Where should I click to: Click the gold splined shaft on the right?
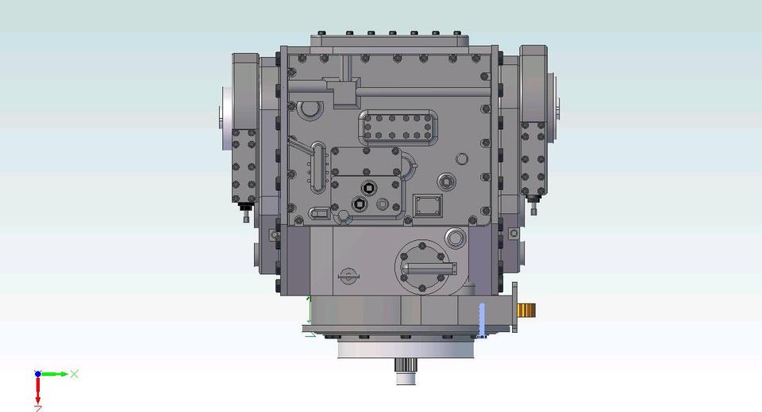click(527, 309)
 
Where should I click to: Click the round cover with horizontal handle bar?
click(425, 267)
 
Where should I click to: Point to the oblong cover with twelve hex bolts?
click(398, 128)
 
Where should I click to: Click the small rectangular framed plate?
click(427, 205)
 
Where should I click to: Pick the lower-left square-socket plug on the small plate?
click(358, 205)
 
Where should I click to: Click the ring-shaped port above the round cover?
click(455, 237)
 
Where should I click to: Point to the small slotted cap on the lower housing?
click(347, 276)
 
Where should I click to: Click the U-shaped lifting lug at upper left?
click(310, 108)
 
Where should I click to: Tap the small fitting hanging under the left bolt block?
click(245, 212)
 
